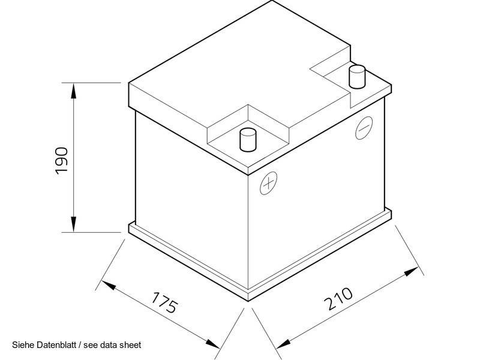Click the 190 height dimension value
tap(62, 161)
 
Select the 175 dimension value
tap(165, 302)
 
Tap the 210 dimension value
tap(338, 298)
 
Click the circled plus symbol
tap(268, 183)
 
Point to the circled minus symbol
tap(364, 128)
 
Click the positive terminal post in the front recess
tap(248, 140)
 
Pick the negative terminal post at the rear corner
tap(357, 77)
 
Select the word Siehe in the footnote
tap(23, 345)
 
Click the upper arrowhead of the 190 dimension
tap(73, 91)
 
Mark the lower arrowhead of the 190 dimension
tap(73, 224)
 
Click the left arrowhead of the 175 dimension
tap(109, 285)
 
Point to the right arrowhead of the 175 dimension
tap(212, 343)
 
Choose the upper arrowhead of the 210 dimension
tap(411, 272)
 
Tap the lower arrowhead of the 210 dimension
tap(283, 344)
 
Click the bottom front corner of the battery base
tap(248, 302)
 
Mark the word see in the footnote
tap(91, 346)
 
